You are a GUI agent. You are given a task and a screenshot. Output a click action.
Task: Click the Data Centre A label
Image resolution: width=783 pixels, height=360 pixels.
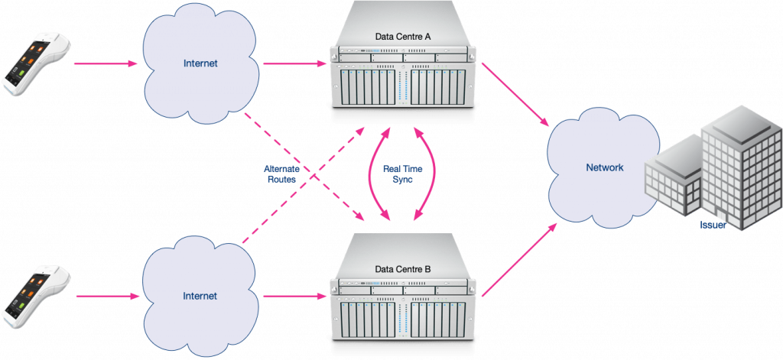click(x=404, y=36)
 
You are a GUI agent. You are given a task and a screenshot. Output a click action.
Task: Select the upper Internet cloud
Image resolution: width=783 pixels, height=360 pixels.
click(x=200, y=65)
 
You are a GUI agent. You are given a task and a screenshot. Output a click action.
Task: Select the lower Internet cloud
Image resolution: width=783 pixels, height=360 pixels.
click(x=200, y=296)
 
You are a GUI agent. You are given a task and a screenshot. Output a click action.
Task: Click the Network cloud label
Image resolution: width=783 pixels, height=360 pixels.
click(x=604, y=167)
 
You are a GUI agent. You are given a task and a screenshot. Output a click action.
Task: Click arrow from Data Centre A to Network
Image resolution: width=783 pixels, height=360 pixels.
click(x=516, y=94)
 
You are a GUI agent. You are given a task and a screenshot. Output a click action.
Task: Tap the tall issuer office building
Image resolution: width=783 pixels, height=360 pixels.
click(x=738, y=168)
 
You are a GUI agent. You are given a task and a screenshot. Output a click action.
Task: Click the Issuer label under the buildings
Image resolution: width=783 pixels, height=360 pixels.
click(x=711, y=226)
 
